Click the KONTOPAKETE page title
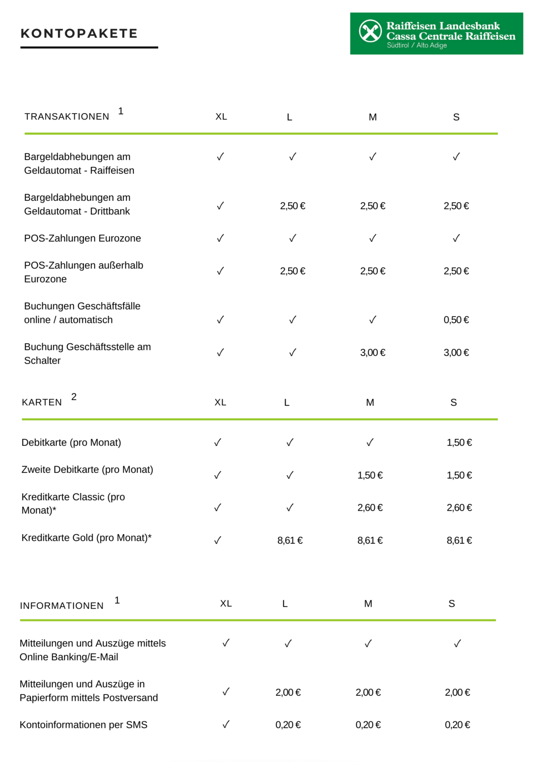click(x=79, y=34)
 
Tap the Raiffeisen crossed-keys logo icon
click(x=370, y=31)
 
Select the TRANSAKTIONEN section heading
click(x=67, y=117)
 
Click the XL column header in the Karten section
click(x=220, y=403)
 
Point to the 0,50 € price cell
click(x=456, y=320)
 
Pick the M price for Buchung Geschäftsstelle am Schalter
click(x=372, y=353)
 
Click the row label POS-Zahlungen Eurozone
click(x=82, y=238)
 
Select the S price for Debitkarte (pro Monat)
click(x=459, y=443)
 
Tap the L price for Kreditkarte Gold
click(x=290, y=541)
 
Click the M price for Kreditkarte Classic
click(x=370, y=508)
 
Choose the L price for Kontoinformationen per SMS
click(x=288, y=725)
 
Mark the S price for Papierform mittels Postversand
click(x=457, y=692)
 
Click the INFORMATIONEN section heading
click(x=62, y=606)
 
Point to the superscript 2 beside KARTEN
click(x=74, y=397)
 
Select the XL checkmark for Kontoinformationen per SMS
click(x=226, y=724)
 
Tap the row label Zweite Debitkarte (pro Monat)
click(x=87, y=470)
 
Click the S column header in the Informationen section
click(x=452, y=604)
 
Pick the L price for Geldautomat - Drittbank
click(x=293, y=206)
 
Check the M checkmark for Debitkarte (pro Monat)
click(x=370, y=443)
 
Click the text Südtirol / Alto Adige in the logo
click(x=416, y=46)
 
